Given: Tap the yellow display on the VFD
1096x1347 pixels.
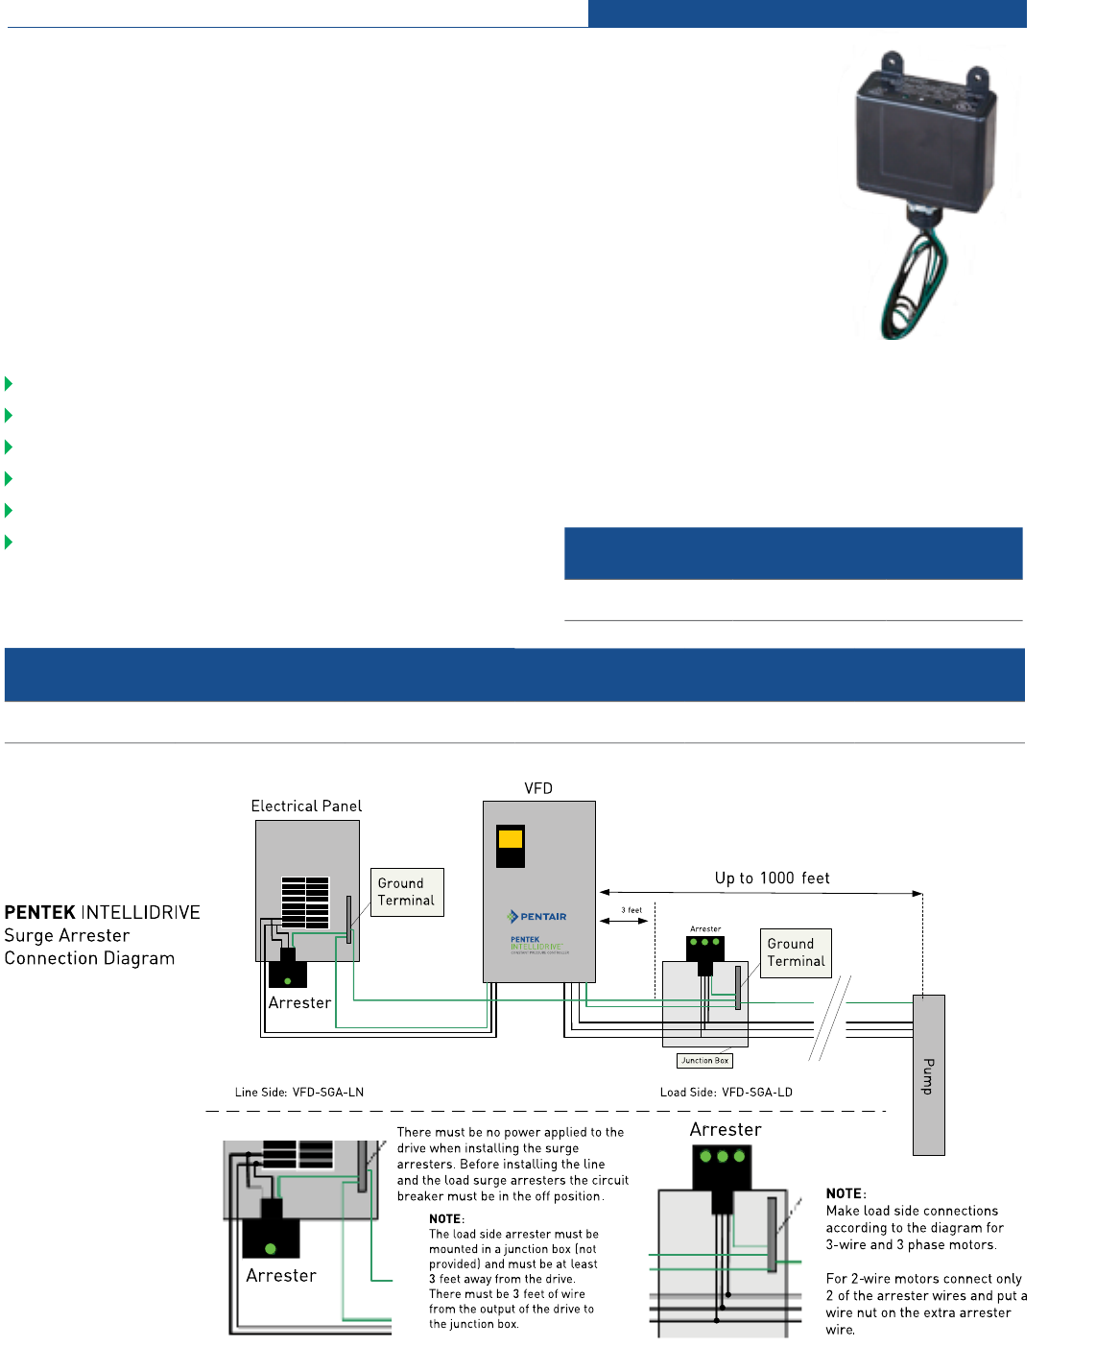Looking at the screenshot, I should point(511,839).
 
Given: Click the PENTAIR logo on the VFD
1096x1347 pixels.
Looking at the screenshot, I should point(537,917).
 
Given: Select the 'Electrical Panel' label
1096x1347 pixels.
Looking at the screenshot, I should point(306,806).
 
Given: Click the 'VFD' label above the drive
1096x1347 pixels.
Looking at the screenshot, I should point(538,788).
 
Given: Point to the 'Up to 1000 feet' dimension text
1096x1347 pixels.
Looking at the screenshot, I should point(772,878).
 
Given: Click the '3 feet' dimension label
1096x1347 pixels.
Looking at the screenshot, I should point(631,910).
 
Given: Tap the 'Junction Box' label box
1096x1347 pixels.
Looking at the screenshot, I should point(705,1061).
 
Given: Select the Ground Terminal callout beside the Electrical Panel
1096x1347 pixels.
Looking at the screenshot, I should point(407,892).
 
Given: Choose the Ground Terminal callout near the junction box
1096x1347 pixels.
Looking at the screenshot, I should point(796,952).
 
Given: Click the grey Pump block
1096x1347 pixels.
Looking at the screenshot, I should point(928,1075).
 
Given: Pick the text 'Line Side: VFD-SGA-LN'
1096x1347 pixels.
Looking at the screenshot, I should point(299,1093).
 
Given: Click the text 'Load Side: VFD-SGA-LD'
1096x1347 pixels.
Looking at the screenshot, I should point(727,1093).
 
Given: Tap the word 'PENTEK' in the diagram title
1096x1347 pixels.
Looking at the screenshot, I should point(39,912).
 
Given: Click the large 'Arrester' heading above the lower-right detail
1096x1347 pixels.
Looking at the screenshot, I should point(726,1130).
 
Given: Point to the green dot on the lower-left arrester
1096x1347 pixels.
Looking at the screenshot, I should point(271,1249).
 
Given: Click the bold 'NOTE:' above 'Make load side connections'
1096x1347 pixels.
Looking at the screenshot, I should point(846,1194).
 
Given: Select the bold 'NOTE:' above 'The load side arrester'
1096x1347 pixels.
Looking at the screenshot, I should point(446,1219).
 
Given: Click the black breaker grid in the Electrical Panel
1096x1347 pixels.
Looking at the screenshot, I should point(305,902).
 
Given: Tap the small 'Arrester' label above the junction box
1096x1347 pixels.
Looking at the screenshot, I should point(705,929).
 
